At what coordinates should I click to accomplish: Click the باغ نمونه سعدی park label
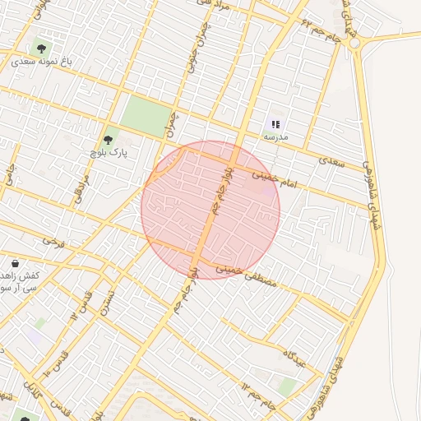[42, 61]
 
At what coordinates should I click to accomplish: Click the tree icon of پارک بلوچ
[108, 139]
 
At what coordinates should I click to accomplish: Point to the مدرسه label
[275, 137]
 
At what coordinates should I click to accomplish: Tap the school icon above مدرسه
[275, 124]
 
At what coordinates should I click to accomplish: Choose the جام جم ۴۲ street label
[321, 33]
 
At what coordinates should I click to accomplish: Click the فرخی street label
[53, 241]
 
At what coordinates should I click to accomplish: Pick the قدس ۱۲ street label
[85, 303]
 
